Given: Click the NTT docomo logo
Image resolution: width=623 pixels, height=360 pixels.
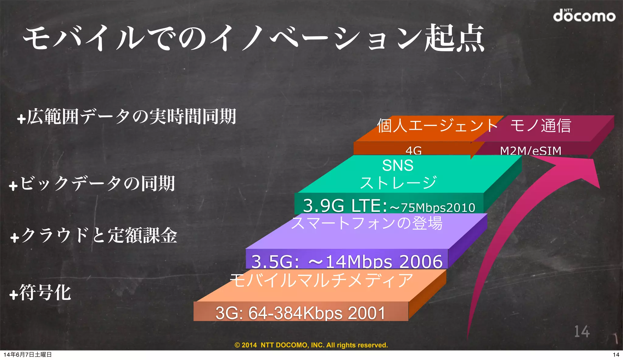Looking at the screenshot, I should tap(584, 16).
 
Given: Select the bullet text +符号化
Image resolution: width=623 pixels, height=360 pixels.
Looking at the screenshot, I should tap(40, 293).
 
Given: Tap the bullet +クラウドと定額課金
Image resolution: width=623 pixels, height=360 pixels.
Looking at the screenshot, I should tap(94, 235).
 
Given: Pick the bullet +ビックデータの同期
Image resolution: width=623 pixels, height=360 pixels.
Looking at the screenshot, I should tap(92, 184).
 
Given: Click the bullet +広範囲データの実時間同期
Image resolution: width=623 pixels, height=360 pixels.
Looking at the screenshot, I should tap(127, 117).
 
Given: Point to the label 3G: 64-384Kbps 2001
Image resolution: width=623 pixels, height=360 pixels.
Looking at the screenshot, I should tap(300, 313).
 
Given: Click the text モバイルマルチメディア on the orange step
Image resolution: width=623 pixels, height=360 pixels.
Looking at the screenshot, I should tap(321, 280).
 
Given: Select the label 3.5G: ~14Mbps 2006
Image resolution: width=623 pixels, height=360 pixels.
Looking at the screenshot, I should tap(347, 261).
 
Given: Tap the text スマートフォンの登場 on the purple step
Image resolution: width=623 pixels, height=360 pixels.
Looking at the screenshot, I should tap(367, 223).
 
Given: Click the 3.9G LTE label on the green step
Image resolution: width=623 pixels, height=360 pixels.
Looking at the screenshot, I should tap(389, 206).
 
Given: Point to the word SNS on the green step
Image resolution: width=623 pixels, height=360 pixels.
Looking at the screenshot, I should tap(398, 166).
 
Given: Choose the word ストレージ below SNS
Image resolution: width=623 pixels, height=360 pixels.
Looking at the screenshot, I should tap(398, 183).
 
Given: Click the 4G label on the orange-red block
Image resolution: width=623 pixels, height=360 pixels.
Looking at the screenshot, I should tap(413, 150).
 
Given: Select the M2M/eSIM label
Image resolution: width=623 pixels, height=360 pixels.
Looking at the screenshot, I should tap(531, 151).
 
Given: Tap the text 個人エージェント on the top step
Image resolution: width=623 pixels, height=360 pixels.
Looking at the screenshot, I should tap(437, 126).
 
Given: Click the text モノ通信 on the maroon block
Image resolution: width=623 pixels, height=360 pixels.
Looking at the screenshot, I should tap(541, 126).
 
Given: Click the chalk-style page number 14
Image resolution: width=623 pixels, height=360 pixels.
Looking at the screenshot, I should tap(582, 331).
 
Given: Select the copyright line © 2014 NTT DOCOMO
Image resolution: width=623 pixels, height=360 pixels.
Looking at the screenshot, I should tap(311, 345).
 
